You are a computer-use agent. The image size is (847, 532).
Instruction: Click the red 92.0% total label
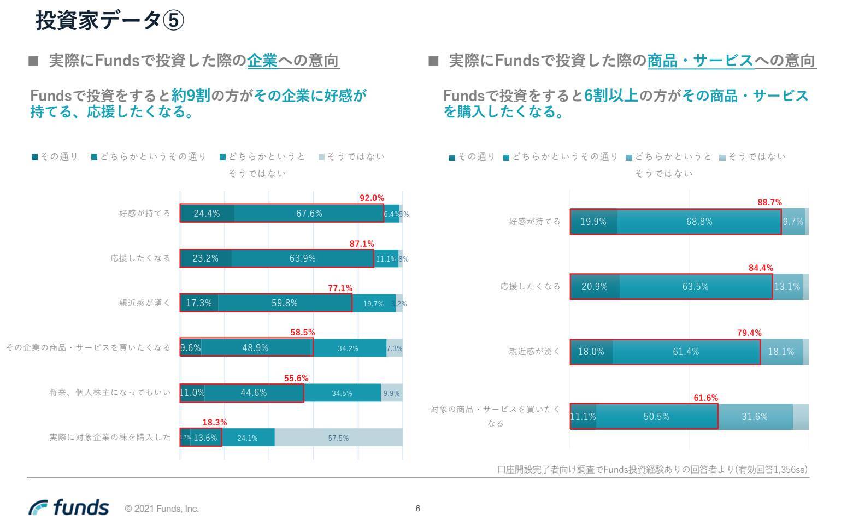pyautogui.click(x=372, y=198)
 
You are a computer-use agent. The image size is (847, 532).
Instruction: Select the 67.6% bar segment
pyautogui.click(x=309, y=214)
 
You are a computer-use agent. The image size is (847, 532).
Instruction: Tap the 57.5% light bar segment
pyautogui.click(x=338, y=438)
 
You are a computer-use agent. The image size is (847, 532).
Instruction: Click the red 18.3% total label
pyautogui.click(x=214, y=422)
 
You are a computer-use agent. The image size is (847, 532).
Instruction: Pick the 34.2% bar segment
pyautogui.click(x=348, y=348)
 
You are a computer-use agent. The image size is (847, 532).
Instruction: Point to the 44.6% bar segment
pyautogui.click(x=254, y=393)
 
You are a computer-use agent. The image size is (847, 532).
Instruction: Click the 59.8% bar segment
pyautogui.click(x=285, y=303)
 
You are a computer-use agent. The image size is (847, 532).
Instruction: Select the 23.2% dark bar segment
pyautogui.click(x=205, y=258)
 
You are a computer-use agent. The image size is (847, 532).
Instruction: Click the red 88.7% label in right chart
pyautogui.click(x=769, y=202)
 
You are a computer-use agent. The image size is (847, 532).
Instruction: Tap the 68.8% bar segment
pyautogui.click(x=699, y=222)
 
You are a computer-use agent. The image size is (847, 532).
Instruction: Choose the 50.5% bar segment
pyautogui.click(x=656, y=417)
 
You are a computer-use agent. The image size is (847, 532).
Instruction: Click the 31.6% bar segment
pyautogui.click(x=755, y=417)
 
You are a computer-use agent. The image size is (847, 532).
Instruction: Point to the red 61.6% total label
pyautogui.click(x=705, y=398)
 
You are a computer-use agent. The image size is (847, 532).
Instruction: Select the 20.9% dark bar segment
pyautogui.click(x=595, y=287)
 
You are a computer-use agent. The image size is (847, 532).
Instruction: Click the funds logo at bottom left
pyautogui.click(x=69, y=507)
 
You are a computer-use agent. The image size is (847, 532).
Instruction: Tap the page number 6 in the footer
pyautogui.click(x=418, y=509)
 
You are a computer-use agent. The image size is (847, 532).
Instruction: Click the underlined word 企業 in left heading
pyautogui.click(x=262, y=61)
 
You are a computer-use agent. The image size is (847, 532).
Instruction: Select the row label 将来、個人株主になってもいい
pyautogui.click(x=110, y=393)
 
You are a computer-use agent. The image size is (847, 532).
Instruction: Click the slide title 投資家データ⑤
pyautogui.click(x=110, y=21)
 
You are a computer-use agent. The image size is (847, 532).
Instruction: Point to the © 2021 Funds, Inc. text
pyautogui.click(x=162, y=509)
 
